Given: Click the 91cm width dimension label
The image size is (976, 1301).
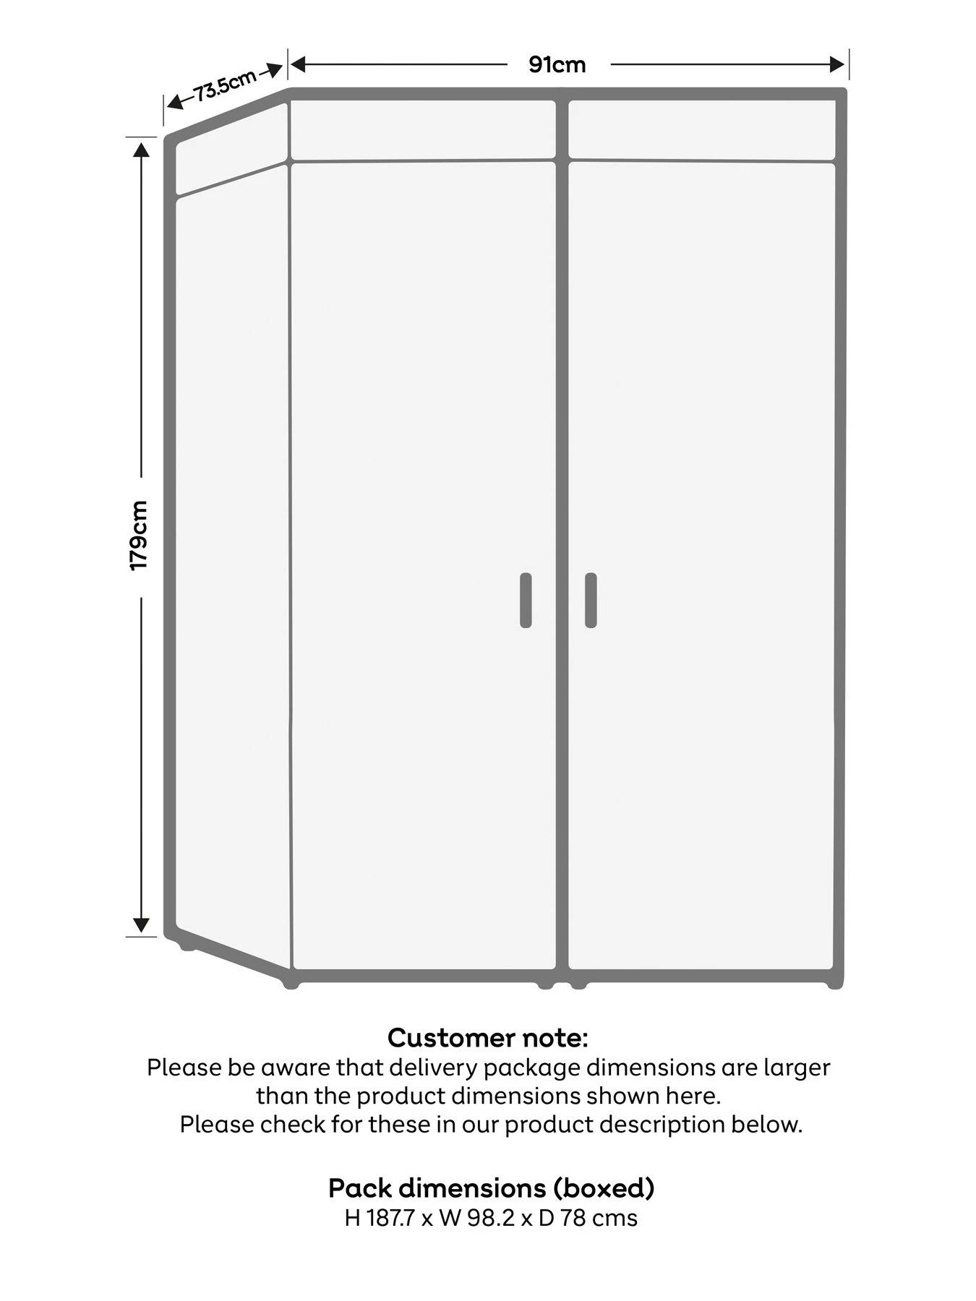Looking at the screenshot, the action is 557,65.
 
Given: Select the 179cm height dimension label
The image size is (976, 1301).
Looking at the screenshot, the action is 139,535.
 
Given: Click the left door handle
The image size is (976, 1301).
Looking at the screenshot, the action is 526,600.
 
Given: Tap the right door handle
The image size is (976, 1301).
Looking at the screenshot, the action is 591,600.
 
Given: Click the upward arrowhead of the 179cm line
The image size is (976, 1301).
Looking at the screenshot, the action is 142,150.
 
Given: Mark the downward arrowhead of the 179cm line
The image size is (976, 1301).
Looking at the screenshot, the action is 142,924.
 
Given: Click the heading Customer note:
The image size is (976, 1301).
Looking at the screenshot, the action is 488,1039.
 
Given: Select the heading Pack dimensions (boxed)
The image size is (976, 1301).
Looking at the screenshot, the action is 492,1188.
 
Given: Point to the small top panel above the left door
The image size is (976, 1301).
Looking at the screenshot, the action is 423,130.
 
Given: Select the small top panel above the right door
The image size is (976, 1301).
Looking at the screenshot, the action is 702,130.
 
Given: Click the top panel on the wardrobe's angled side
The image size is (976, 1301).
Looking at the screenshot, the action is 231,149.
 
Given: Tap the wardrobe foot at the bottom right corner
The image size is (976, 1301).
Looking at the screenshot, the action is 834,984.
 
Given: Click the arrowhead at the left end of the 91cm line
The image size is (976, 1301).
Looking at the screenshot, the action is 299,65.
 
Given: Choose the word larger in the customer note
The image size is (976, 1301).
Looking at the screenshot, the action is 795,1068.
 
